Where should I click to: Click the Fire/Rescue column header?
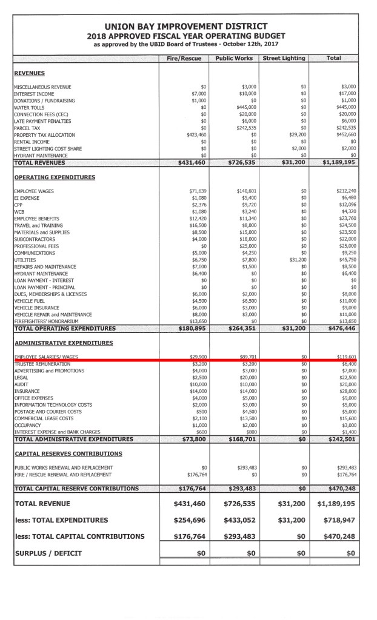point(183,58)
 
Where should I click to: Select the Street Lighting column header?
point(284,58)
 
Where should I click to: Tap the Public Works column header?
point(233,58)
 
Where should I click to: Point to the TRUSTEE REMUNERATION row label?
point(42,364)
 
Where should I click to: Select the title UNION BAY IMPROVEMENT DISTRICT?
point(185,26)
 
